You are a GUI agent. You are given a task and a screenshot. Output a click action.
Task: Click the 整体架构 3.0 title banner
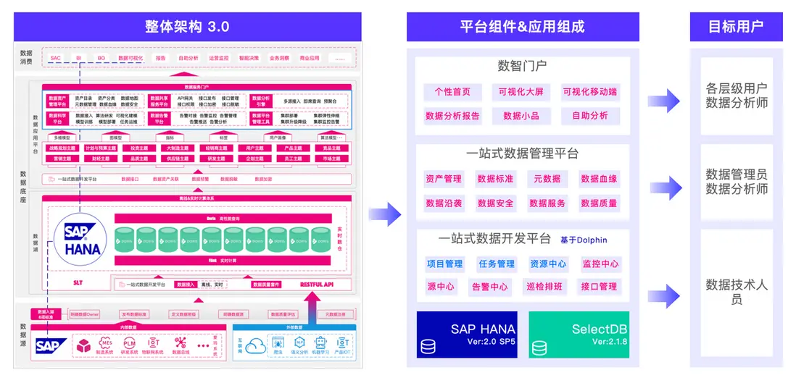click(187, 27)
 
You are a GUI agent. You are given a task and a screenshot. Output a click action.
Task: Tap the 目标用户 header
click(736, 27)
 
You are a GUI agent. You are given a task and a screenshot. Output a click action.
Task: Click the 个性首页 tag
click(452, 92)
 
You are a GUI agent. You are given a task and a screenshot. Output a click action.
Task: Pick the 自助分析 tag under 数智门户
click(590, 115)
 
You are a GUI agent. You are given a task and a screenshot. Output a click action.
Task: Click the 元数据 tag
click(547, 179)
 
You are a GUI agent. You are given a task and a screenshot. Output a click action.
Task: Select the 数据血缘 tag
click(599, 179)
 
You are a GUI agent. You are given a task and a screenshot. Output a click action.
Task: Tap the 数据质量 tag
click(599, 203)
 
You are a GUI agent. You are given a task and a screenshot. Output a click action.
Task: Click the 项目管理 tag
click(444, 264)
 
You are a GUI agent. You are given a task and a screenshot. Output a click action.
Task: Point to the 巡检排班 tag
click(544, 287)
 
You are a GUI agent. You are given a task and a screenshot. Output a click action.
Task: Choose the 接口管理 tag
click(599, 287)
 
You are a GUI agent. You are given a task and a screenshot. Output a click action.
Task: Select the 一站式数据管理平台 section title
click(522, 154)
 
